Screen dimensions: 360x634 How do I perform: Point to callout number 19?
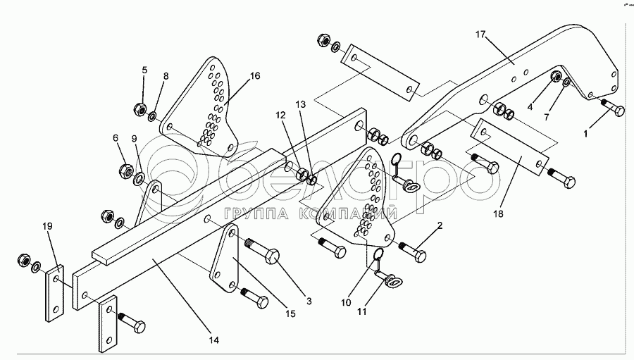pyautogui.click(x=47, y=227)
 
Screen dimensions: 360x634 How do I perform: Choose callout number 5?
pyautogui.click(x=144, y=70)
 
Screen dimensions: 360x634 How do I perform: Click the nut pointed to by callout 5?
pyautogui.click(x=139, y=109)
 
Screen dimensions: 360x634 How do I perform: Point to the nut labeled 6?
pyautogui.click(x=128, y=170)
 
